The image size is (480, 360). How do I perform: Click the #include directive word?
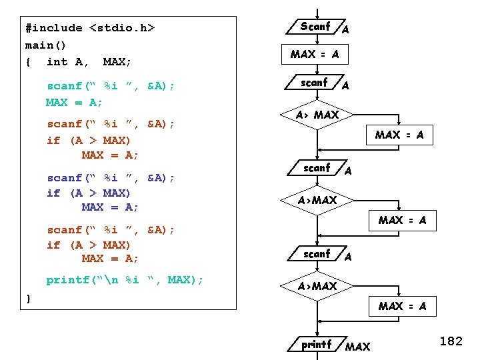[53, 28]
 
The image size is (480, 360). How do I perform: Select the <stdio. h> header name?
[121, 28]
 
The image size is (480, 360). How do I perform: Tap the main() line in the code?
[39, 45]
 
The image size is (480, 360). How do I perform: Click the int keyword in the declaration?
[57, 61]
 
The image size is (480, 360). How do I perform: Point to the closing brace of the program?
[28, 298]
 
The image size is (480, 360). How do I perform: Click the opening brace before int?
[28, 61]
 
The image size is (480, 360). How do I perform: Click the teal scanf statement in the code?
[111, 86]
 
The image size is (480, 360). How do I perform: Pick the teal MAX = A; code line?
[74, 102]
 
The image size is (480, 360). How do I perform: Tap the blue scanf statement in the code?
[111, 177]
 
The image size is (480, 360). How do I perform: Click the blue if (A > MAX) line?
[89, 193]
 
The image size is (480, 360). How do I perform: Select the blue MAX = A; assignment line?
[110, 207]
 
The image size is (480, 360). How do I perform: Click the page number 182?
[451, 341]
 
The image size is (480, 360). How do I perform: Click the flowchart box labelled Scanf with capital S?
[316, 27]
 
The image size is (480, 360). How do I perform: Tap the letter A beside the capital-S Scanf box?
[345, 29]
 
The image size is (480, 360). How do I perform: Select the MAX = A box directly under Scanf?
[315, 54]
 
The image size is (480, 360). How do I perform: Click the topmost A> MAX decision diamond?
[317, 115]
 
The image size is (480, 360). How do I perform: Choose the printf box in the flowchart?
[317, 345]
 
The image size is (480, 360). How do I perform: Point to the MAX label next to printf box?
[357, 347]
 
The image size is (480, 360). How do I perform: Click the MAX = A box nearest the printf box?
[402, 307]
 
